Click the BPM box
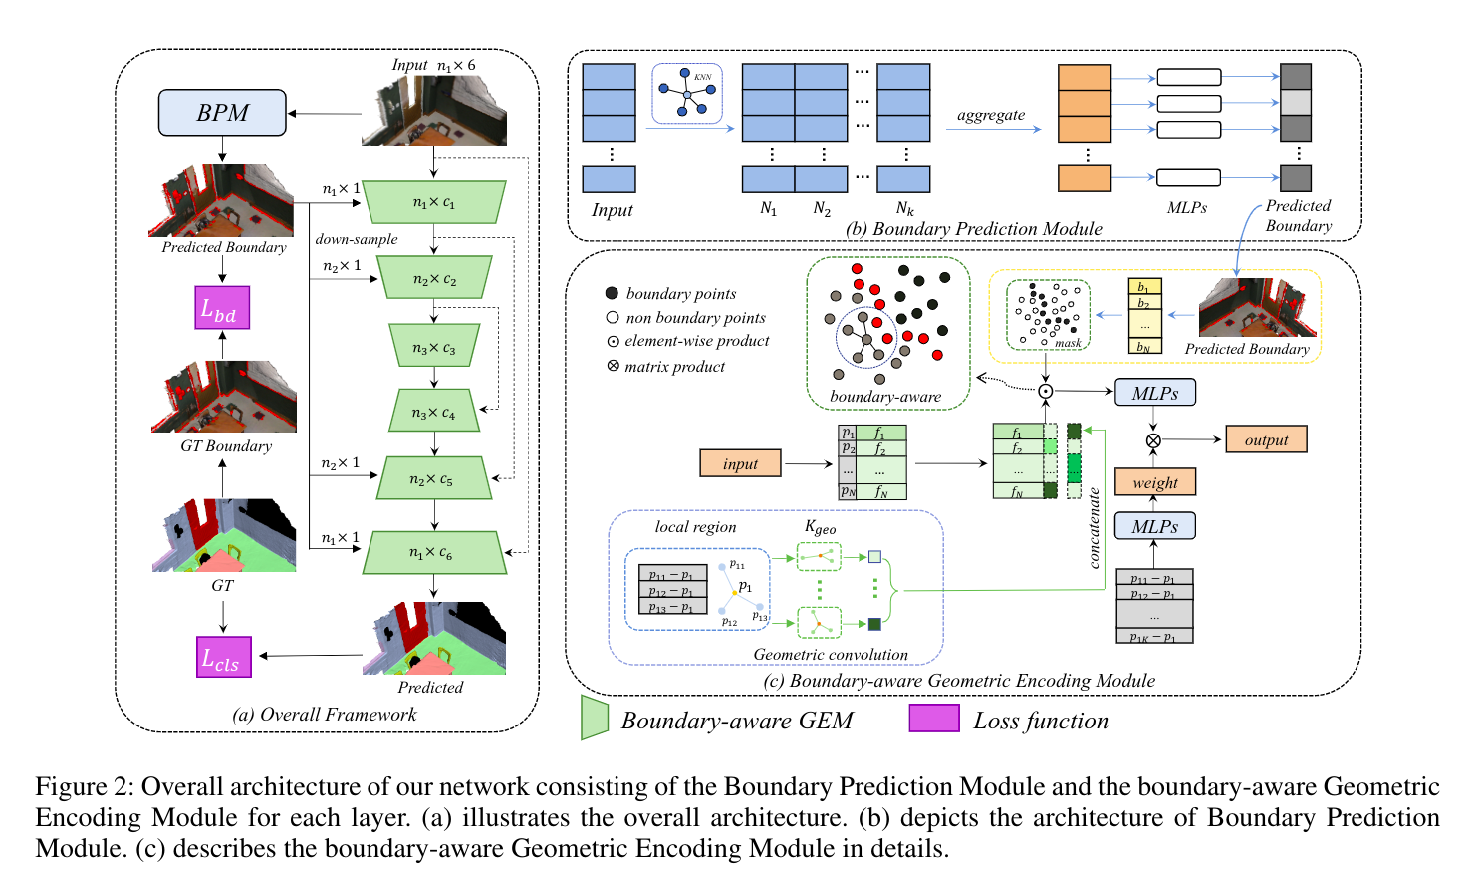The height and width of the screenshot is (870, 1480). coord(222,113)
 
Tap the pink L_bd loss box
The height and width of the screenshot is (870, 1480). coord(221,308)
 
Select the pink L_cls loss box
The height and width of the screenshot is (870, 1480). coord(223,657)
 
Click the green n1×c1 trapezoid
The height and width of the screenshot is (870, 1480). coord(433,202)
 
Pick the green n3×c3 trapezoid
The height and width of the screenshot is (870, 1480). coord(433,346)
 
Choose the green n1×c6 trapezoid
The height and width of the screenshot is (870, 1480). coord(433,552)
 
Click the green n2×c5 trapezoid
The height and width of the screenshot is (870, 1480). coord(433,478)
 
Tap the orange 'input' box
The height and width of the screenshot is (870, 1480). coord(740,463)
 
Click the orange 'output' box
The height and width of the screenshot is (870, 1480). coord(1266,439)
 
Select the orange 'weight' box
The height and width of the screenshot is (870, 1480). coord(1154,482)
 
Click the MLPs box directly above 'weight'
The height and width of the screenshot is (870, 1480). coord(1154,526)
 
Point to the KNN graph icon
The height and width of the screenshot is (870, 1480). coord(687,94)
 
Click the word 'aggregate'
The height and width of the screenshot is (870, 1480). coord(990,115)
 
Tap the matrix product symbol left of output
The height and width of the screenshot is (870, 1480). coord(1153,439)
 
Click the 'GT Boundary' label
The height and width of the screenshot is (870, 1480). coord(226,446)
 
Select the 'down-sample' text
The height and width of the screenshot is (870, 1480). coord(356,239)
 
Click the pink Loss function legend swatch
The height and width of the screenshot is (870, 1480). coord(933,719)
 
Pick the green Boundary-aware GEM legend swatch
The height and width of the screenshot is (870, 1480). coord(595,718)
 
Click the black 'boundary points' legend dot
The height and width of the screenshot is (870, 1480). coord(612,293)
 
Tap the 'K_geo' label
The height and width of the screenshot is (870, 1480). coord(820,527)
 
